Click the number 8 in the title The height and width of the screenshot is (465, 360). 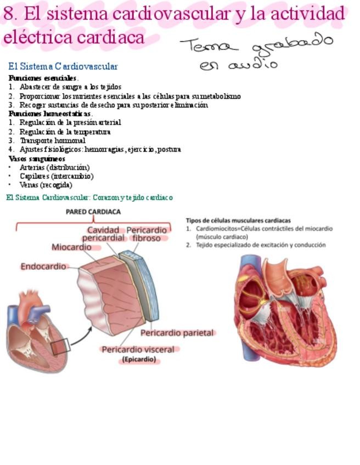pyautogui.click(x=8, y=14)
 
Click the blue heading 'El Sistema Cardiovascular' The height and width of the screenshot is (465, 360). pyautogui.click(x=63, y=66)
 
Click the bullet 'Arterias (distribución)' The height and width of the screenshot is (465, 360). pyautogui.click(x=54, y=167)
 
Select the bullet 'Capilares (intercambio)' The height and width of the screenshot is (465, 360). pyautogui.click(x=57, y=176)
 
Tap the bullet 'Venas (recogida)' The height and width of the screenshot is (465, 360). pyautogui.click(x=46, y=185)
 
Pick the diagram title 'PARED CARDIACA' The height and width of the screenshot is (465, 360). pyautogui.click(x=93, y=212)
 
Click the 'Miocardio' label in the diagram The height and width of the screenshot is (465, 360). pyautogui.click(x=72, y=247)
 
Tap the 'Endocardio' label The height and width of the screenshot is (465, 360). pyautogui.click(x=44, y=266)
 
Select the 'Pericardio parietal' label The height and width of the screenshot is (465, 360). pyautogui.click(x=177, y=333)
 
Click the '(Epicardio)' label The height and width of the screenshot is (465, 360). pyautogui.click(x=139, y=360)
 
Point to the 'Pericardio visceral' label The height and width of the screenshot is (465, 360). pyautogui.click(x=138, y=349)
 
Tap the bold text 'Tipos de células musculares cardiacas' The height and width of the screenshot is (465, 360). pyautogui.click(x=238, y=220)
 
